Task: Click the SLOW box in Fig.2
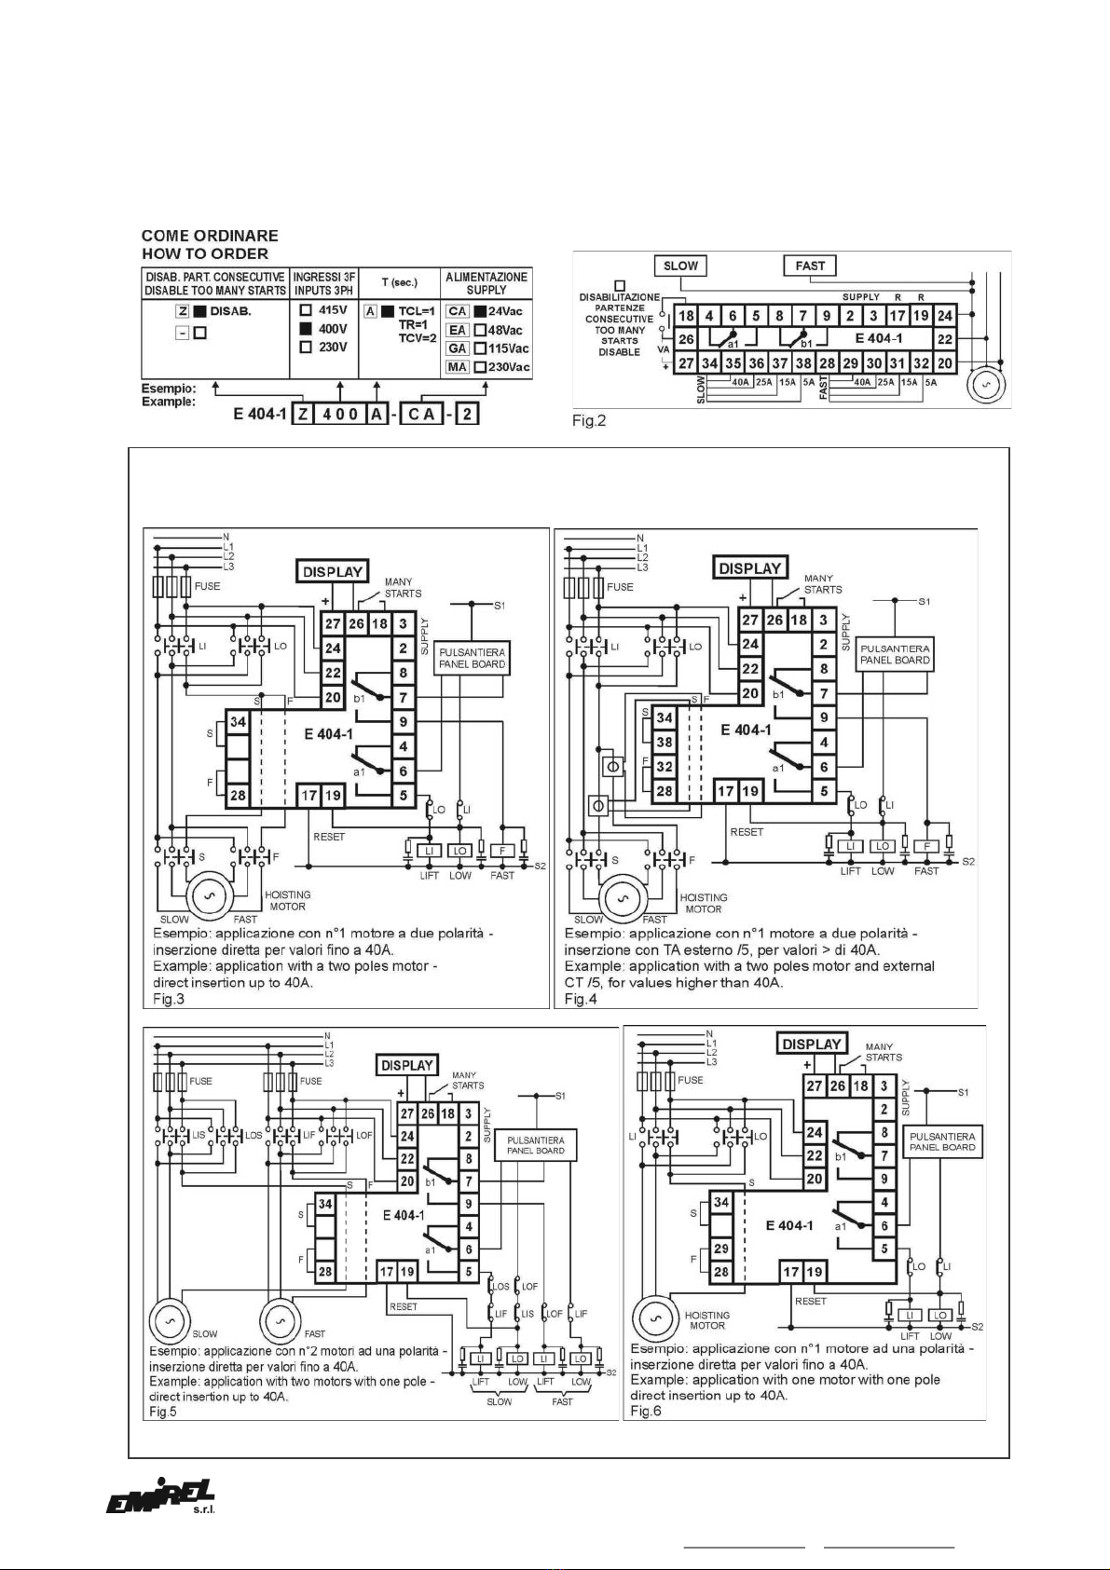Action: click(x=680, y=266)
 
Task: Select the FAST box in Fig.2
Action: click(x=810, y=266)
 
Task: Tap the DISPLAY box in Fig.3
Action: click(x=332, y=572)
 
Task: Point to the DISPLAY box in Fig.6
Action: click(x=812, y=1044)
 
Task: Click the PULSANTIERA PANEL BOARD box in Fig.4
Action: click(x=895, y=654)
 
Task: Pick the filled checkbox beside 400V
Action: click(x=306, y=329)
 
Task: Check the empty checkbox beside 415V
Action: click(x=306, y=310)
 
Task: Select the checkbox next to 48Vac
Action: click(x=480, y=330)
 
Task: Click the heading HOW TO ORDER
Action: click(x=205, y=253)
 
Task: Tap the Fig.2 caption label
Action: click(x=589, y=421)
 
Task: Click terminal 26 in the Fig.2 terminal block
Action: click(x=686, y=339)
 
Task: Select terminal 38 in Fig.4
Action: click(x=664, y=743)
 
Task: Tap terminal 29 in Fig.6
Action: click(x=721, y=1249)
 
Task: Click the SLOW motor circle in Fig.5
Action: click(x=171, y=1321)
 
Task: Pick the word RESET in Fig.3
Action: click(x=329, y=837)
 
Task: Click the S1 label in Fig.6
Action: click(x=964, y=1092)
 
